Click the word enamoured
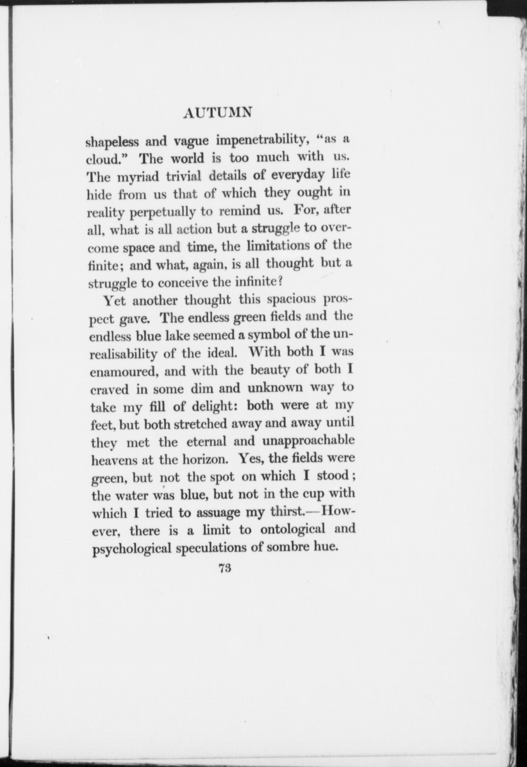[x=125, y=371]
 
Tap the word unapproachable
[x=308, y=441]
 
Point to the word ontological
[x=293, y=529]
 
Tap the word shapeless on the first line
[x=112, y=142]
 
